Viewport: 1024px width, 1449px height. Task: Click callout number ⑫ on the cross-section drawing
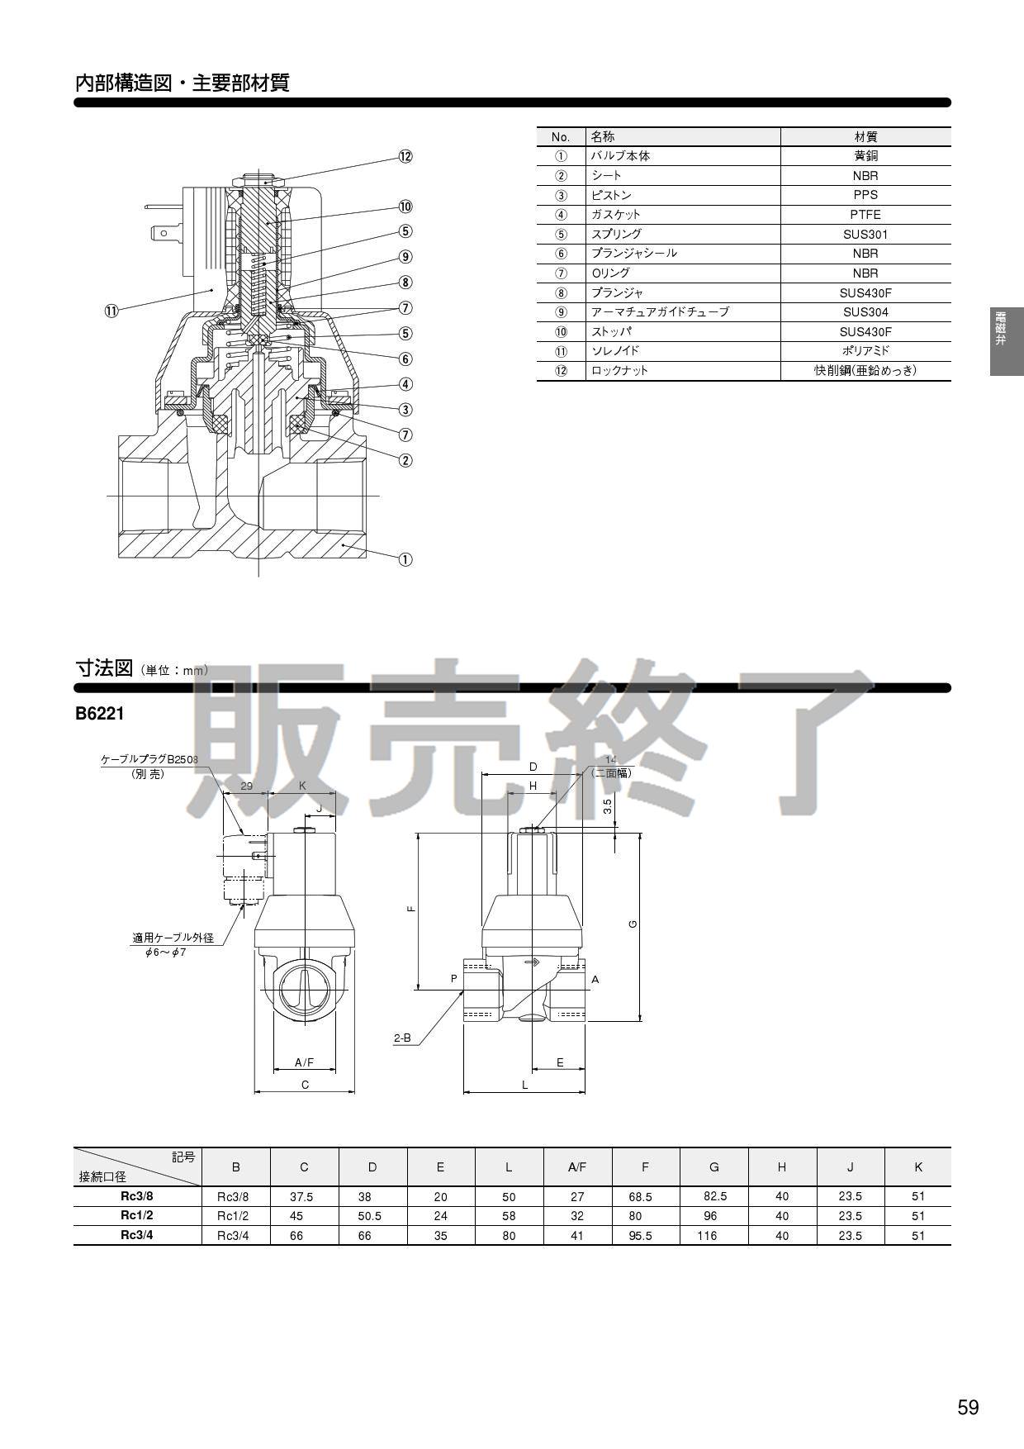(405, 157)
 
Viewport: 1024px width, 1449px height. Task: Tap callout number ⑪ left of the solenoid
(111, 311)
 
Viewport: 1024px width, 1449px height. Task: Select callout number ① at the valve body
(405, 559)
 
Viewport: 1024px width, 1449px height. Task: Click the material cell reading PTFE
(865, 215)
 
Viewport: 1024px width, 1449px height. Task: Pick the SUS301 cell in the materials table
(865, 234)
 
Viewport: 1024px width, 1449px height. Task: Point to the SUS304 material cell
(865, 312)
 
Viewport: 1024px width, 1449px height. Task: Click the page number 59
(968, 1408)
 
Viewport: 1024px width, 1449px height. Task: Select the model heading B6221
(99, 714)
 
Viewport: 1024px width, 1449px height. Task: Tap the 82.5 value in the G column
(714, 1196)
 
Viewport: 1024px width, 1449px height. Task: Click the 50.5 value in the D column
(369, 1216)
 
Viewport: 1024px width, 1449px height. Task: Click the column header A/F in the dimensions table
(576, 1167)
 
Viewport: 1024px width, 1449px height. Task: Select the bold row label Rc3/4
(136, 1235)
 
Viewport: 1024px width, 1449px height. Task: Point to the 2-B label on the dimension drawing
(402, 1038)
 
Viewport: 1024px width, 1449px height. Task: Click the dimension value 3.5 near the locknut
(607, 805)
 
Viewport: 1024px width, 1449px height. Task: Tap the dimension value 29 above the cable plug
(246, 786)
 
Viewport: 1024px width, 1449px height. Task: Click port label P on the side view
(453, 979)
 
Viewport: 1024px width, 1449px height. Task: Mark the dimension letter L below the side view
(524, 1085)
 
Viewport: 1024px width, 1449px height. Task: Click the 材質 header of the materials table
(865, 137)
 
